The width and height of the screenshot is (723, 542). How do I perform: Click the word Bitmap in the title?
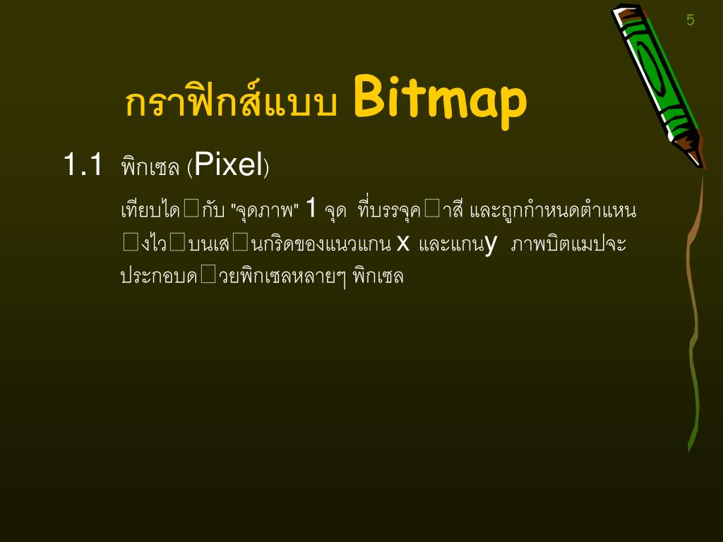coord(440,100)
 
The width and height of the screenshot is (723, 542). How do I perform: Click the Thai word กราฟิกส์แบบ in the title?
coord(231,103)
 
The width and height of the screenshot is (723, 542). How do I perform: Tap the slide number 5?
coord(690,20)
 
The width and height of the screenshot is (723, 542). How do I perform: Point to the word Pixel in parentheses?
coord(228,164)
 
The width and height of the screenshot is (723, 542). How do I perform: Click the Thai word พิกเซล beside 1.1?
coord(150,167)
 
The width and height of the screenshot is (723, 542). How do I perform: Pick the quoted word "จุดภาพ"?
coord(265,210)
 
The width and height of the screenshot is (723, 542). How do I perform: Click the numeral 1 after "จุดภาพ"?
coord(311,209)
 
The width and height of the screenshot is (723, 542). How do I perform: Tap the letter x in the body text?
coord(403,243)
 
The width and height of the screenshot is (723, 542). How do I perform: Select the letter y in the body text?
coord(491,244)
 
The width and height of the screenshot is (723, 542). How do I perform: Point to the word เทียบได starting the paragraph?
coord(150,210)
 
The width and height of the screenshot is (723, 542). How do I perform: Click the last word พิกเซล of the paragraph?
coord(378,276)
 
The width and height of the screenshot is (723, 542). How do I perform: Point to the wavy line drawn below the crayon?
coord(694,318)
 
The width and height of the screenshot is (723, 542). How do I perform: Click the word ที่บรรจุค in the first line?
coord(389,210)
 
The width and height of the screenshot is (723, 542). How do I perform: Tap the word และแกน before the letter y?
coord(451,244)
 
